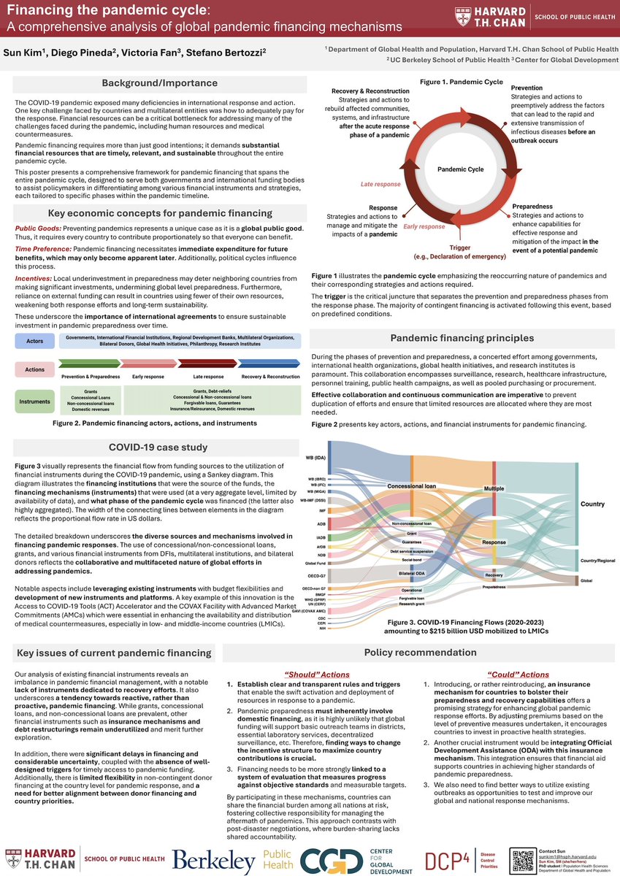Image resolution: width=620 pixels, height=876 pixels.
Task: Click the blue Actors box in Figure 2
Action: [x=35, y=341]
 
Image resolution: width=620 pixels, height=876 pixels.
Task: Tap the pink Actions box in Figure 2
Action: [x=35, y=369]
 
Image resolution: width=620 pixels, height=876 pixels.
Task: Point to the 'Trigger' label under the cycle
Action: [x=460, y=247]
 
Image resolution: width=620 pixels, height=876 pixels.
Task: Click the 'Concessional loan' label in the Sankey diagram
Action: [x=411, y=485]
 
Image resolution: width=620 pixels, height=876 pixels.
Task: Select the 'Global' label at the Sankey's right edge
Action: [x=586, y=580]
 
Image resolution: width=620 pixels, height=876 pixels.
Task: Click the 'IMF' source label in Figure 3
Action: [x=322, y=510]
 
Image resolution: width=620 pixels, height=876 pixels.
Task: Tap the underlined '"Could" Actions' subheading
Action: [x=523, y=675]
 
